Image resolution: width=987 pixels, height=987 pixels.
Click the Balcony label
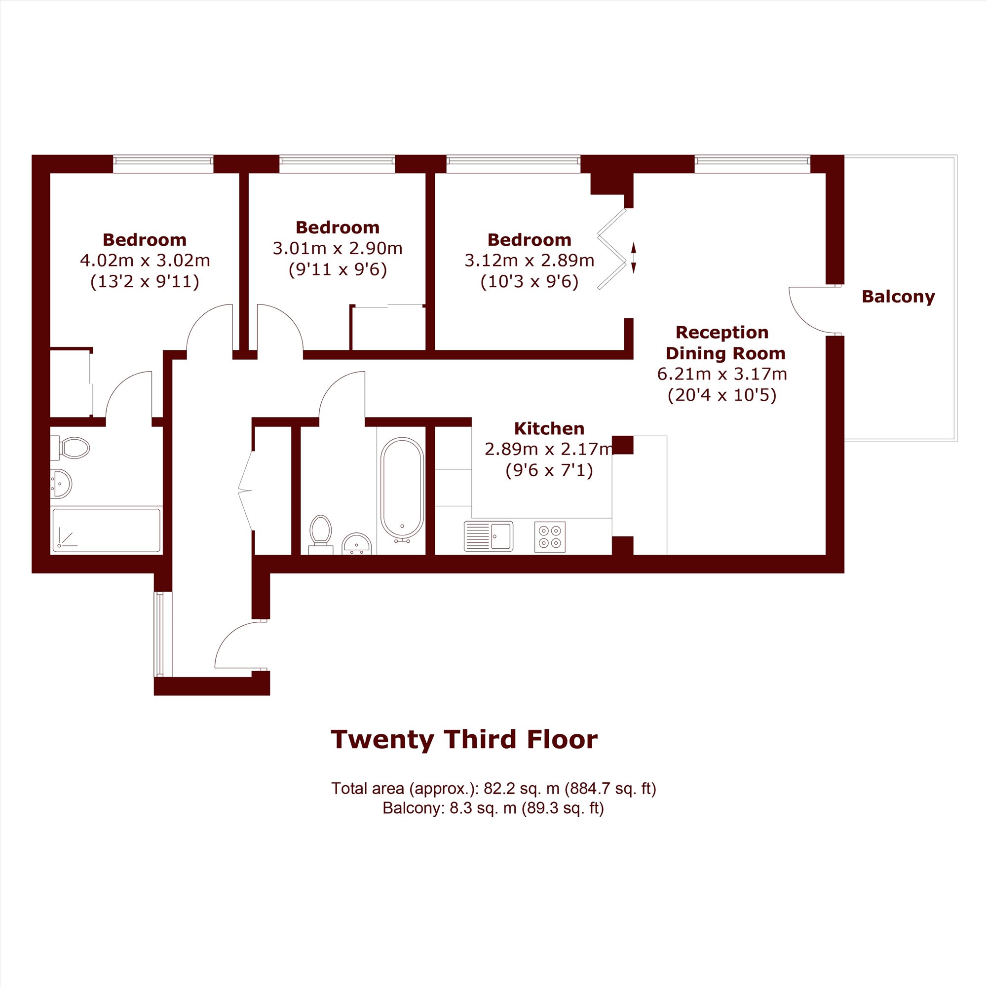click(x=898, y=297)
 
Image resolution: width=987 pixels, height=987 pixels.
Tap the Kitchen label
click(x=549, y=428)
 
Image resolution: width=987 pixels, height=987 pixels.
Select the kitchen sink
click(x=489, y=536)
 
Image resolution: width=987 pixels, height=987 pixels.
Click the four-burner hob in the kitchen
click(x=550, y=536)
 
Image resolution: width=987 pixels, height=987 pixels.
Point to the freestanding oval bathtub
click(x=403, y=490)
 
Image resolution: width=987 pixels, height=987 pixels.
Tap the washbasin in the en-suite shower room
click(x=61, y=483)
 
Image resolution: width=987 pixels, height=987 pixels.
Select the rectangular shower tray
click(x=106, y=530)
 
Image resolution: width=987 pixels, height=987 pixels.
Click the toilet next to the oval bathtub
click(x=321, y=534)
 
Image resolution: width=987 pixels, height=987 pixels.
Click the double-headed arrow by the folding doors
click(x=634, y=258)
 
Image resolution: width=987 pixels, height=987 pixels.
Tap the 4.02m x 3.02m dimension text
click(x=145, y=261)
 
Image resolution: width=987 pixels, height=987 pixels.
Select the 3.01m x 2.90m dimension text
click(x=338, y=248)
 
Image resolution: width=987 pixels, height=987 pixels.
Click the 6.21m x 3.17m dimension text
click(x=722, y=374)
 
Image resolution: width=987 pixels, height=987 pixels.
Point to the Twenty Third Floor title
click(x=464, y=739)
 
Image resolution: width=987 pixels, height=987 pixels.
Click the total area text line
click(x=493, y=788)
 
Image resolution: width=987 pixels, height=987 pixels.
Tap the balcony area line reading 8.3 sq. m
click(x=493, y=808)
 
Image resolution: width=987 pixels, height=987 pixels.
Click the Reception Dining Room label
click(x=725, y=343)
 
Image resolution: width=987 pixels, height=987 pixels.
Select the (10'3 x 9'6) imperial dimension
click(x=529, y=281)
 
